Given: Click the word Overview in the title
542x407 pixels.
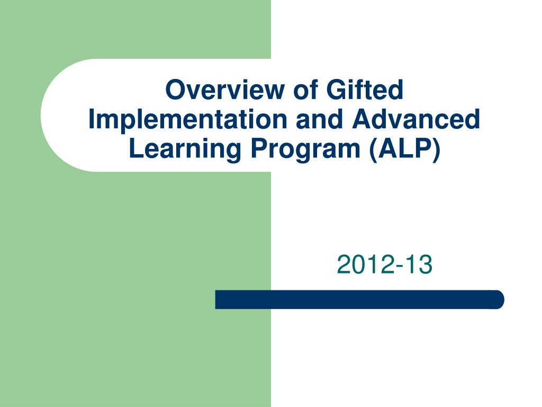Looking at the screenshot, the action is (x=224, y=89).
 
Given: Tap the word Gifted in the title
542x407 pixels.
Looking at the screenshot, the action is (x=365, y=89).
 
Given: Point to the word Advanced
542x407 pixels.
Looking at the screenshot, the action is (x=416, y=119).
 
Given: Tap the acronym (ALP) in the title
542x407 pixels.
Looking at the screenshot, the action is (x=405, y=149).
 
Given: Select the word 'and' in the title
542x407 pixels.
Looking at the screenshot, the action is (x=319, y=119).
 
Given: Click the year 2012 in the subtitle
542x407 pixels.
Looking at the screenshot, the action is (x=366, y=264).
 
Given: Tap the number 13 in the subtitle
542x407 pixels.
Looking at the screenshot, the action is (x=419, y=264).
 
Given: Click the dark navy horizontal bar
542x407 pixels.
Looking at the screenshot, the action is (x=359, y=299).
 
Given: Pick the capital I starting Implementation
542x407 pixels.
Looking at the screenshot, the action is (x=92, y=119).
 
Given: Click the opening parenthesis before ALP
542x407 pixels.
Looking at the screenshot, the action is (x=373, y=150).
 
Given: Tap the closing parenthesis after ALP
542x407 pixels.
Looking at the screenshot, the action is (x=437, y=150).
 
